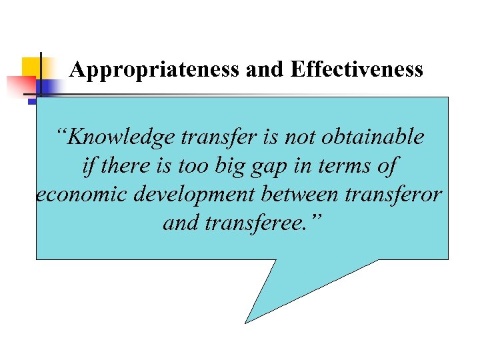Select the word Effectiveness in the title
[x=356, y=70]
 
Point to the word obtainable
[x=373, y=137]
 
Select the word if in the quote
[x=89, y=166]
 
